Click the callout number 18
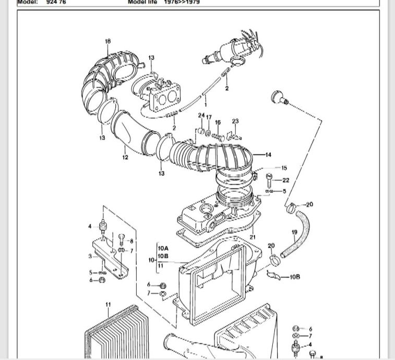pyautogui.click(x=108, y=41)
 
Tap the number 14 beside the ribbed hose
pyautogui.click(x=268, y=154)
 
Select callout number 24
pyautogui.click(x=201, y=115)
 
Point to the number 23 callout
pyautogui.click(x=235, y=121)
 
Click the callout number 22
pyautogui.click(x=285, y=180)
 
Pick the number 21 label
pyautogui.click(x=253, y=237)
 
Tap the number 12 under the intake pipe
pyautogui.click(x=125, y=158)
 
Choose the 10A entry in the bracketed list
pyautogui.click(x=163, y=248)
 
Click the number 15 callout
pyautogui.click(x=284, y=168)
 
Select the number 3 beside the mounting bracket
pyautogui.click(x=90, y=256)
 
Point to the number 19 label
pyautogui.click(x=294, y=232)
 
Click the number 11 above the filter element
pyautogui.click(x=108, y=304)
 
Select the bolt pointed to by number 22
pyautogui.click(x=269, y=181)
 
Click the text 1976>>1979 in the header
pyautogui.click(x=182, y=2)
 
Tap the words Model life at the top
pyautogui.click(x=143, y=2)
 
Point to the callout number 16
pyautogui.click(x=218, y=123)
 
